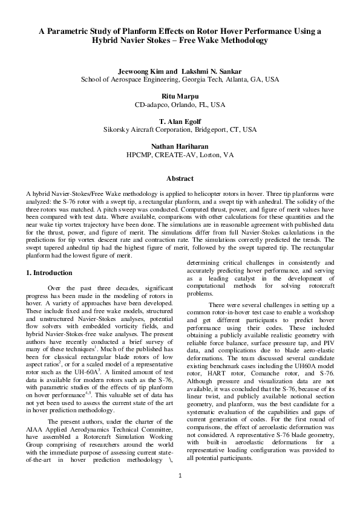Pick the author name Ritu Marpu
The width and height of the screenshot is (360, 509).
coord(180,96)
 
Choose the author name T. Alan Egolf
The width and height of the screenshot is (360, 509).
coord(180,121)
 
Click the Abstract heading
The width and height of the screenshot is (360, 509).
coord(180,179)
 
